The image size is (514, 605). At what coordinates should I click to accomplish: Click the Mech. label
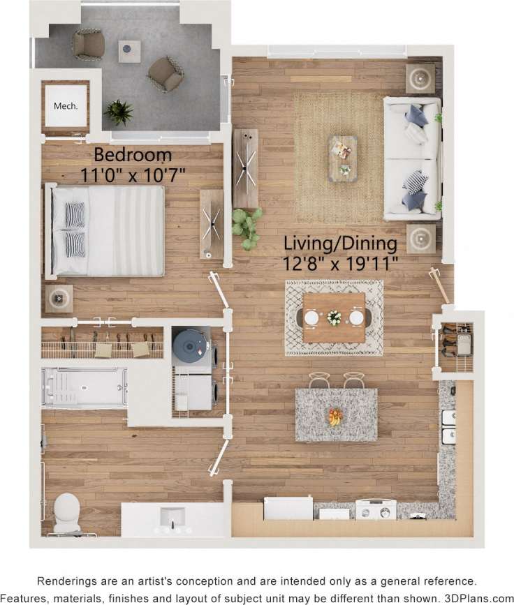(x=66, y=107)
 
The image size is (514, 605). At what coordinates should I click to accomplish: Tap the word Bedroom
(x=133, y=154)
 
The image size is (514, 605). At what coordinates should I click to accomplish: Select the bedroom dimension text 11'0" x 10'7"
(x=133, y=174)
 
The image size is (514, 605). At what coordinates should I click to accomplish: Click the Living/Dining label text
(x=340, y=244)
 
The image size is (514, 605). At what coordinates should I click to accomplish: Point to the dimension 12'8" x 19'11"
(x=340, y=264)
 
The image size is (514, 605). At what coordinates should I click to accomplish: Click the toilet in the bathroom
(x=67, y=512)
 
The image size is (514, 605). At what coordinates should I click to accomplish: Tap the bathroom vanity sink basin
(x=172, y=517)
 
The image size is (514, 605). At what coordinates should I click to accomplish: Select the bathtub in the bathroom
(x=84, y=387)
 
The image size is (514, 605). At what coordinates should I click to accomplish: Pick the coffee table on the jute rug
(x=342, y=158)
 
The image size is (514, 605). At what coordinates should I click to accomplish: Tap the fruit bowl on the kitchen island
(x=336, y=417)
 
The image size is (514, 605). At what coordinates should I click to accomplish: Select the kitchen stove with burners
(x=376, y=509)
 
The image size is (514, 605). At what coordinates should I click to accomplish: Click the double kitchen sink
(x=448, y=427)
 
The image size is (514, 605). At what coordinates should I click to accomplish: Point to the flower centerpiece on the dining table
(x=335, y=318)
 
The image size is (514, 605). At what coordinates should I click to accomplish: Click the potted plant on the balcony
(x=119, y=112)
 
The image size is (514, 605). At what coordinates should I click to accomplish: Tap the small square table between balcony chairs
(x=129, y=50)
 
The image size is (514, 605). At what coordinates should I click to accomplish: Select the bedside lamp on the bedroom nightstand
(x=59, y=299)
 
